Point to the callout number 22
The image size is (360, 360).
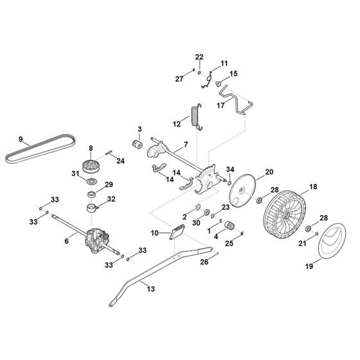point(199,57)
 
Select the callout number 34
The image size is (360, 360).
point(230,170)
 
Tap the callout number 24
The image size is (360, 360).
point(120,161)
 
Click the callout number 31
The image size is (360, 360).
point(75,174)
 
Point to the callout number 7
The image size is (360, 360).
point(186,145)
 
